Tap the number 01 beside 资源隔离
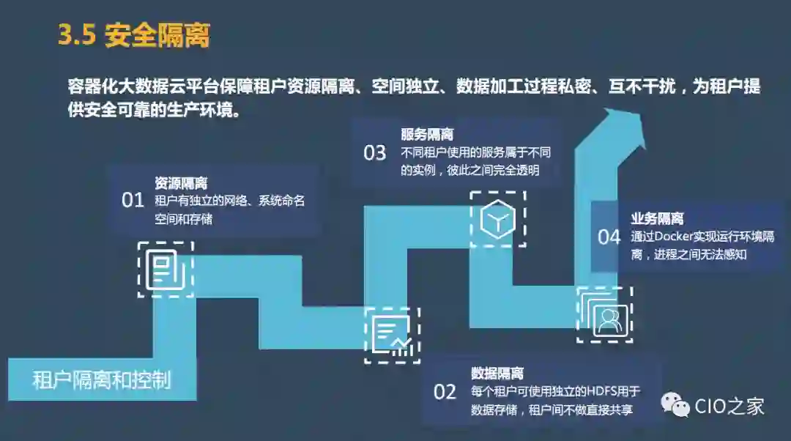[x=133, y=200]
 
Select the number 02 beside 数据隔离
[x=445, y=392]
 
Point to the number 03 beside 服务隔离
[x=374, y=153]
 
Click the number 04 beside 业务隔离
[x=609, y=237]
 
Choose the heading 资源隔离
[x=181, y=183]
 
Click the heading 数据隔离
[x=497, y=374]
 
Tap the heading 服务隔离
[x=427, y=135]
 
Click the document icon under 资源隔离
[x=166, y=269]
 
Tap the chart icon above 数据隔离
[x=392, y=335]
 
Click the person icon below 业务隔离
[x=605, y=316]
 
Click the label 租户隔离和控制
[x=102, y=381]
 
